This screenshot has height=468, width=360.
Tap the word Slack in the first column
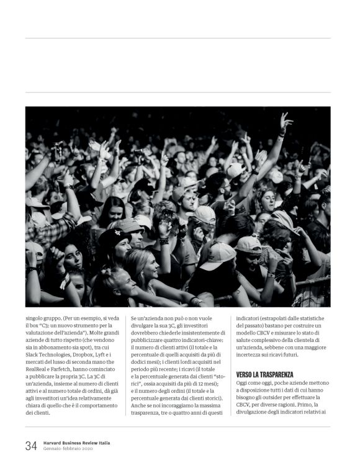32,354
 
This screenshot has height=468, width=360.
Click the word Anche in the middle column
140,404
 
